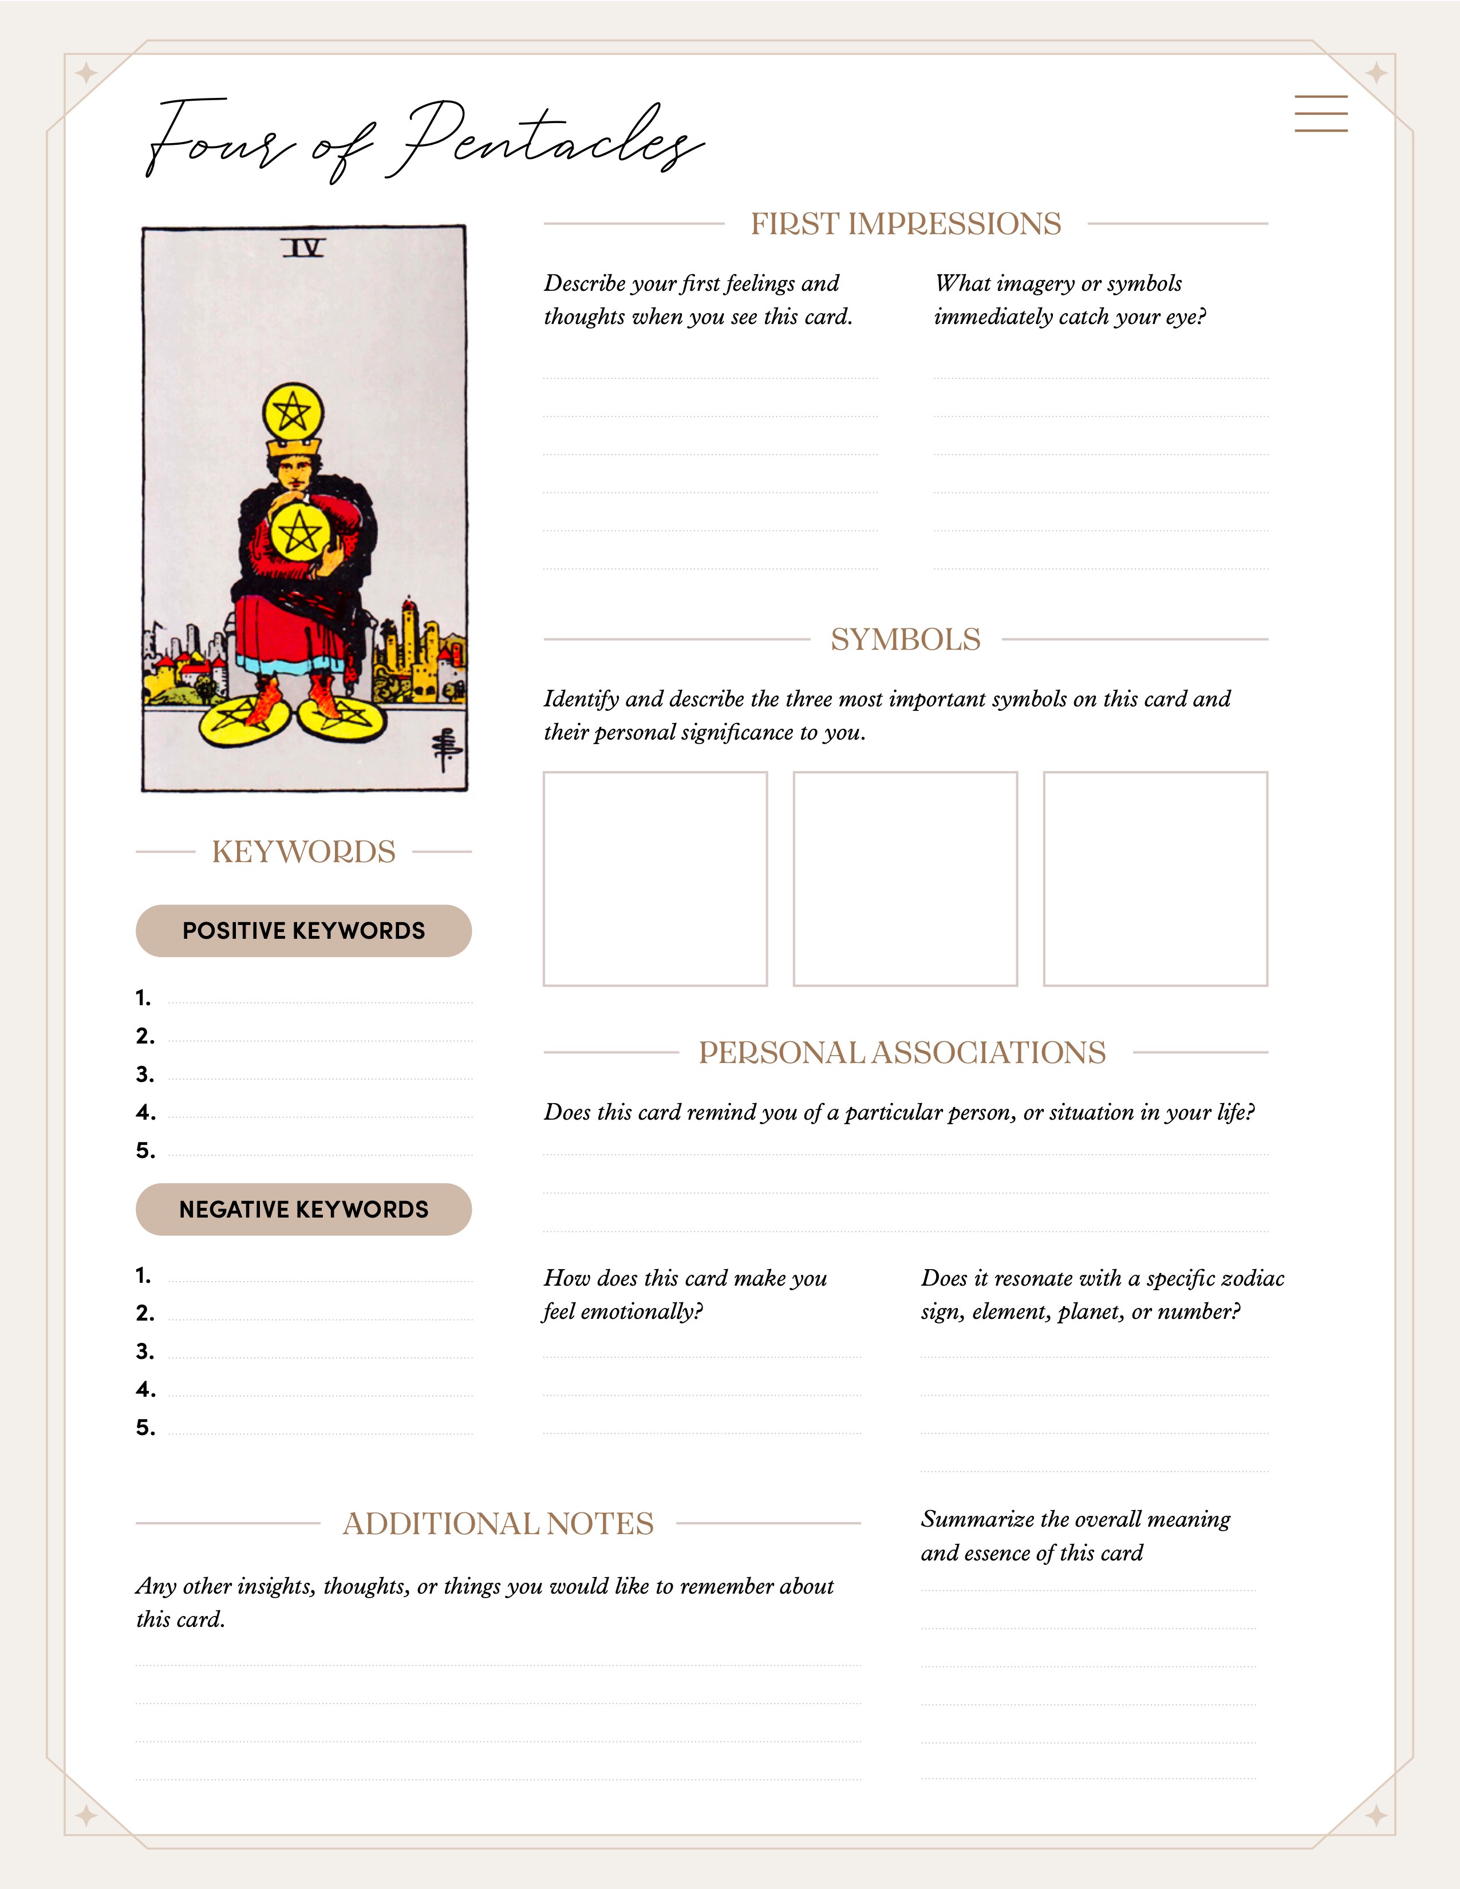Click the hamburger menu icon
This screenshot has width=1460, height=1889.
click(1321, 113)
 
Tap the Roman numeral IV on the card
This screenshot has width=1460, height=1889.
click(303, 249)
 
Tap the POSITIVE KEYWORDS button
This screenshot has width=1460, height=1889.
click(303, 931)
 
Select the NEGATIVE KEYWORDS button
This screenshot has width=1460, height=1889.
click(303, 1209)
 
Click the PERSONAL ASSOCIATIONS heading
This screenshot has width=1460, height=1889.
click(902, 1053)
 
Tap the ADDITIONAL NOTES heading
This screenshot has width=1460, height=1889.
click(498, 1524)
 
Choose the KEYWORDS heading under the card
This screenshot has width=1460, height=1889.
click(303, 852)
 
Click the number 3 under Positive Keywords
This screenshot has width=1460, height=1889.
click(144, 1075)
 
